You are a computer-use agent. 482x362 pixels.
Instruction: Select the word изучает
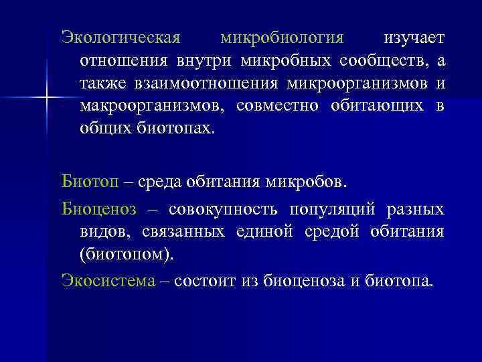tap(413, 37)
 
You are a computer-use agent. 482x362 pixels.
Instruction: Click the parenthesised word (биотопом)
tap(125, 255)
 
